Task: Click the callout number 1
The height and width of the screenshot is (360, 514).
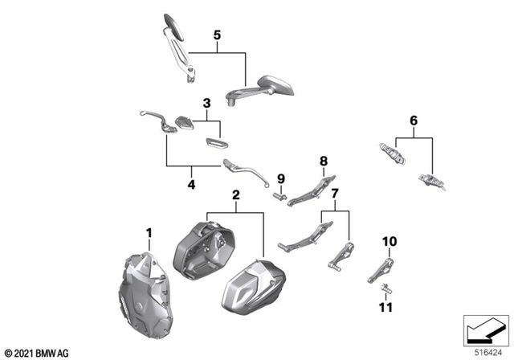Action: (x=149, y=233)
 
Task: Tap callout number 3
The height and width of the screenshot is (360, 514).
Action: (x=206, y=104)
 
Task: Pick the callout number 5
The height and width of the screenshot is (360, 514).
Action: (x=215, y=35)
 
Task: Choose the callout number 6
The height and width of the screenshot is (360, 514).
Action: (x=414, y=121)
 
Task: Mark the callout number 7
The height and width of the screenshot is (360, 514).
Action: (x=335, y=194)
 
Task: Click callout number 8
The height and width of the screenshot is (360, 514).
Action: (x=324, y=161)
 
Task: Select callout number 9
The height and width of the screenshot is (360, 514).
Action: (x=281, y=178)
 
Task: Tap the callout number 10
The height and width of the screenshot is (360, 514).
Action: (x=389, y=241)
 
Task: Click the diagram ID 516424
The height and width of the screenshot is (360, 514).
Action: (x=484, y=351)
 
